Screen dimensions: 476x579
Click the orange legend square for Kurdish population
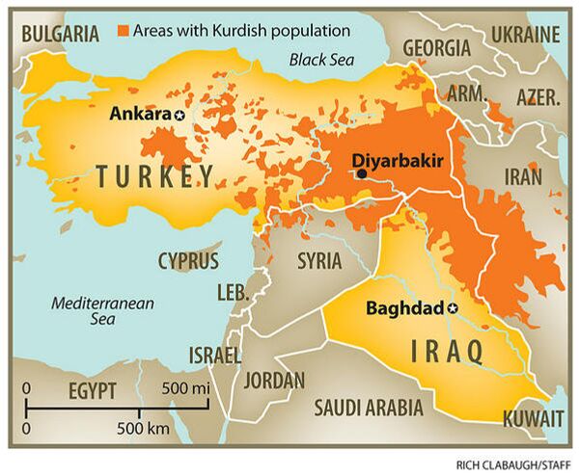[x=123, y=31]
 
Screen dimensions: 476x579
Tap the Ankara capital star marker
[x=179, y=115]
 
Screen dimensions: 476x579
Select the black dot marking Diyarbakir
[x=361, y=174]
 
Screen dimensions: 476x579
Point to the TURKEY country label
[x=154, y=175]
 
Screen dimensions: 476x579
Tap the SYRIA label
[x=319, y=260]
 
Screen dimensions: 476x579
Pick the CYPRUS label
[x=188, y=260]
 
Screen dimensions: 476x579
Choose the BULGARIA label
[x=60, y=34]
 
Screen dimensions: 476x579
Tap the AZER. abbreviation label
[x=538, y=98]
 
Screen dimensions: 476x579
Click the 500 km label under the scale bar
[x=144, y=426]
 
